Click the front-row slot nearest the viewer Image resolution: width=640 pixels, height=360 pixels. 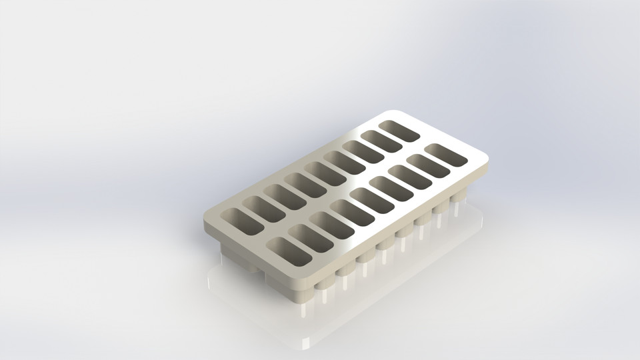point(289,251)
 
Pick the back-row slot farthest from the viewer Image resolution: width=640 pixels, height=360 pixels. point(399,131)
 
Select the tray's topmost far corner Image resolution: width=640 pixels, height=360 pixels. point(390,112)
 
